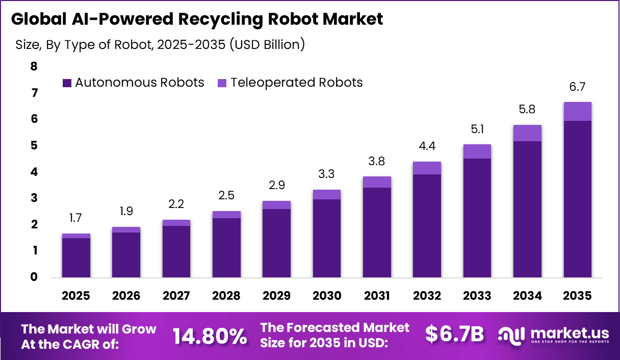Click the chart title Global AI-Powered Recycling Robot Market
pyautogui.click(x=197, y=19)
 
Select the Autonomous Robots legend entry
pyautogui.click(x=134, y=83)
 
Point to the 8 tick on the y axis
pyautogui.click(x=34, y=66)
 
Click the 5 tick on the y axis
pyautogui.click(x=34, y=146)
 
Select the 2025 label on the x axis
pyautogui.click(x=76, y=296)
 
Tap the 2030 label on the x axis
pyautogui.click(x=327, y=296)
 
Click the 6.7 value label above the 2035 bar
pyautogui.click(x=577, y=87)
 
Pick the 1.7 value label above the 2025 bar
pyautogui.click(x=76, y=219)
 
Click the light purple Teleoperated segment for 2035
pyautogui.click(x=577, y=111)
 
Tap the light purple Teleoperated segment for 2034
pyautogui.click(x=527, y=133)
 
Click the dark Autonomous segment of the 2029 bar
pyautogui.click(x=276, y=243)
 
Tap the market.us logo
pyautogui.click(x=554, y=335)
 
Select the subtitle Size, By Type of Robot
pyautogui.click(x=160, y=44)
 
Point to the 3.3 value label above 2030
pyautogui.click(x=327, y=175)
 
